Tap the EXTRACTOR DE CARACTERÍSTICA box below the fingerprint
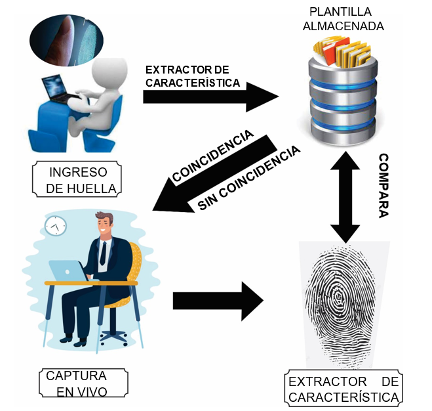point(344,389)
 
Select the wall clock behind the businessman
point(55,226)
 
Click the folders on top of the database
point(341,49)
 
